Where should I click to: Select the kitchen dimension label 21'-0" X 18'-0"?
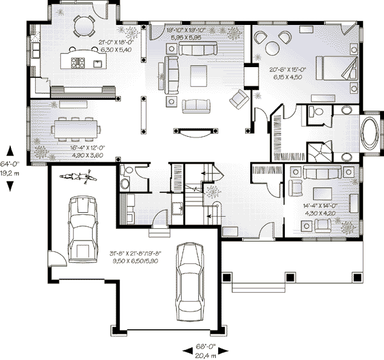coord(115,45)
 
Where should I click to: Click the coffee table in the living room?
coord(196,75)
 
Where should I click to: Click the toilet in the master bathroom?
coord(312,113)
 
